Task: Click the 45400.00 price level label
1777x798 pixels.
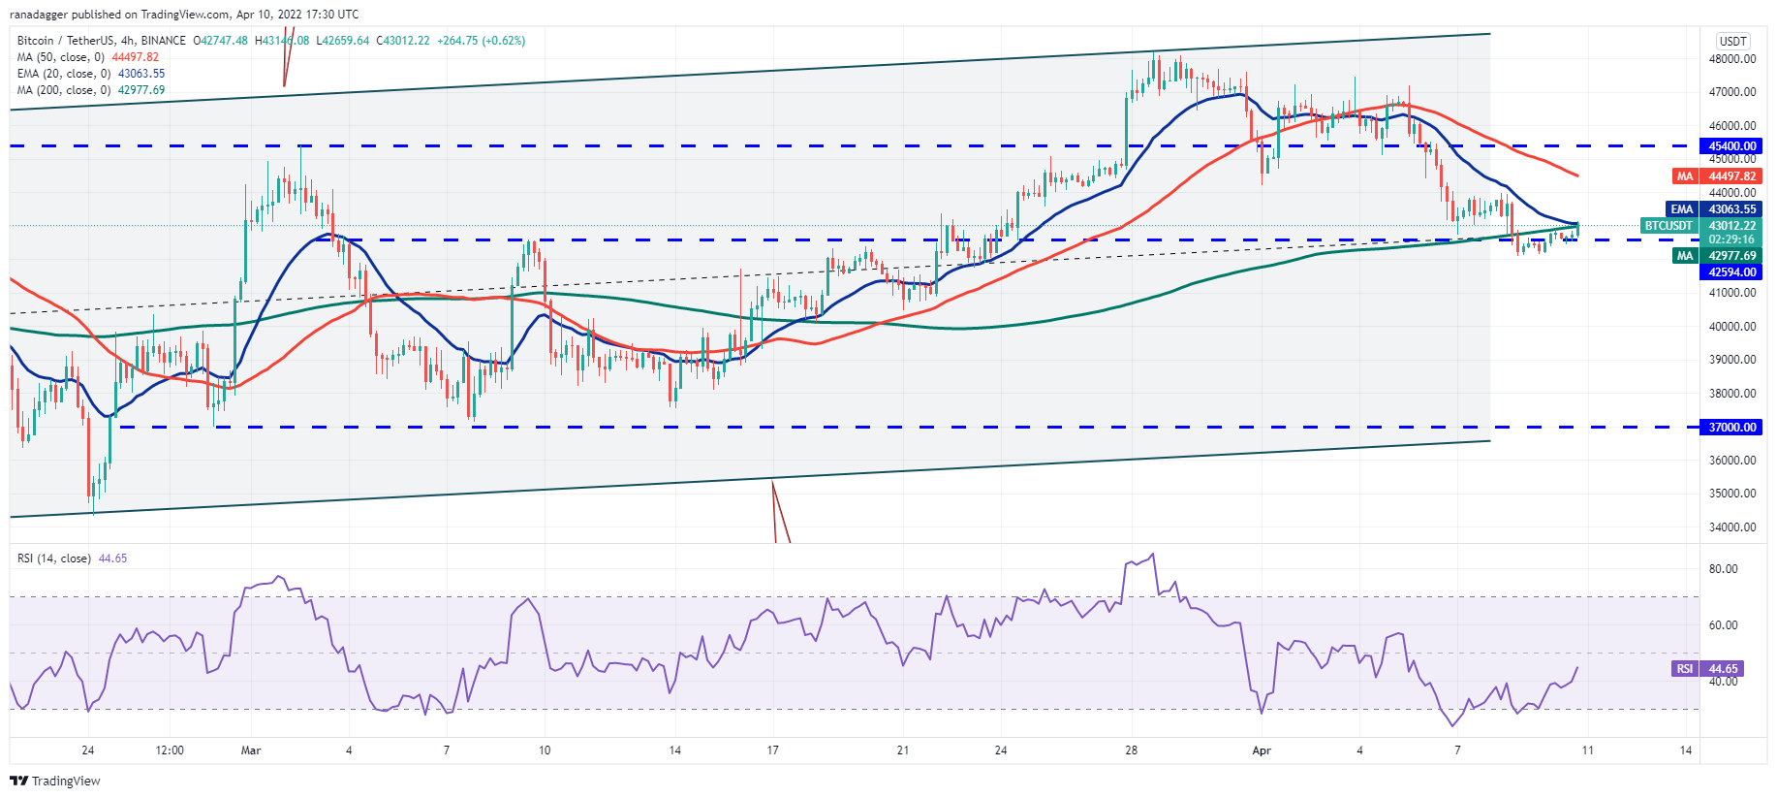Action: pyautogui.click(x=1731, y=146)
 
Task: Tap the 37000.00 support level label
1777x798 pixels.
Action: pyautogui.click(x=1731, y=428)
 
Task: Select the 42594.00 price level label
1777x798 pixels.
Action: pyautogui.click(x=1731, y=272)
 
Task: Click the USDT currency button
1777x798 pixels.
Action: pyautogui.click(x=1732, y=41)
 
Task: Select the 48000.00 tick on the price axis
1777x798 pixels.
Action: pyautogui.click(x=1732, y=59)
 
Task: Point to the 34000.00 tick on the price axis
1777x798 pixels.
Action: pyautogui.click(x=1732, y=527)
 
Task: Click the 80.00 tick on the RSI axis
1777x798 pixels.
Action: pyautogui.click(x=1724, y=569)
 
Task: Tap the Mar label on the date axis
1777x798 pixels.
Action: pyautogui.click(x=251, y=750)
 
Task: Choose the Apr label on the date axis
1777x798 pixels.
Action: pyautogui.click(x=1261, y=750)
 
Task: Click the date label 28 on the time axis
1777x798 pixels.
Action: pyautogui.click(x=1131, y=750)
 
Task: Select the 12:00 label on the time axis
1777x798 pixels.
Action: pyautogui.click(x=170, y=750)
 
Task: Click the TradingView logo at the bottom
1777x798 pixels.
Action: pyautogui.click(x=55, y=781)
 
